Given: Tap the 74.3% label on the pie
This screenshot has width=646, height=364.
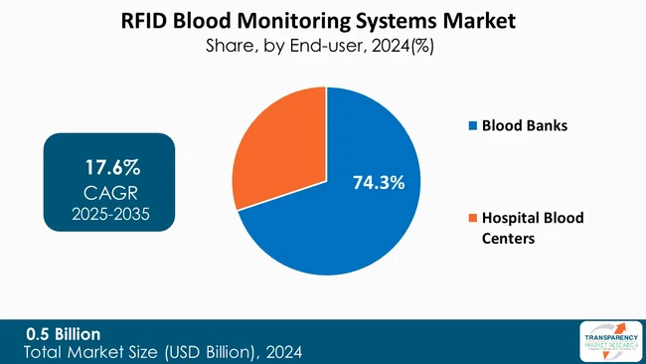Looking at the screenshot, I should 378,182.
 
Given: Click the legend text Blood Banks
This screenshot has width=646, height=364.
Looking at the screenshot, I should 525,126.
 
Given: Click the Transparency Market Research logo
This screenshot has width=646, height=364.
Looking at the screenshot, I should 604,340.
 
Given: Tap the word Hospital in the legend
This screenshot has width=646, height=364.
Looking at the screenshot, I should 515,218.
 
